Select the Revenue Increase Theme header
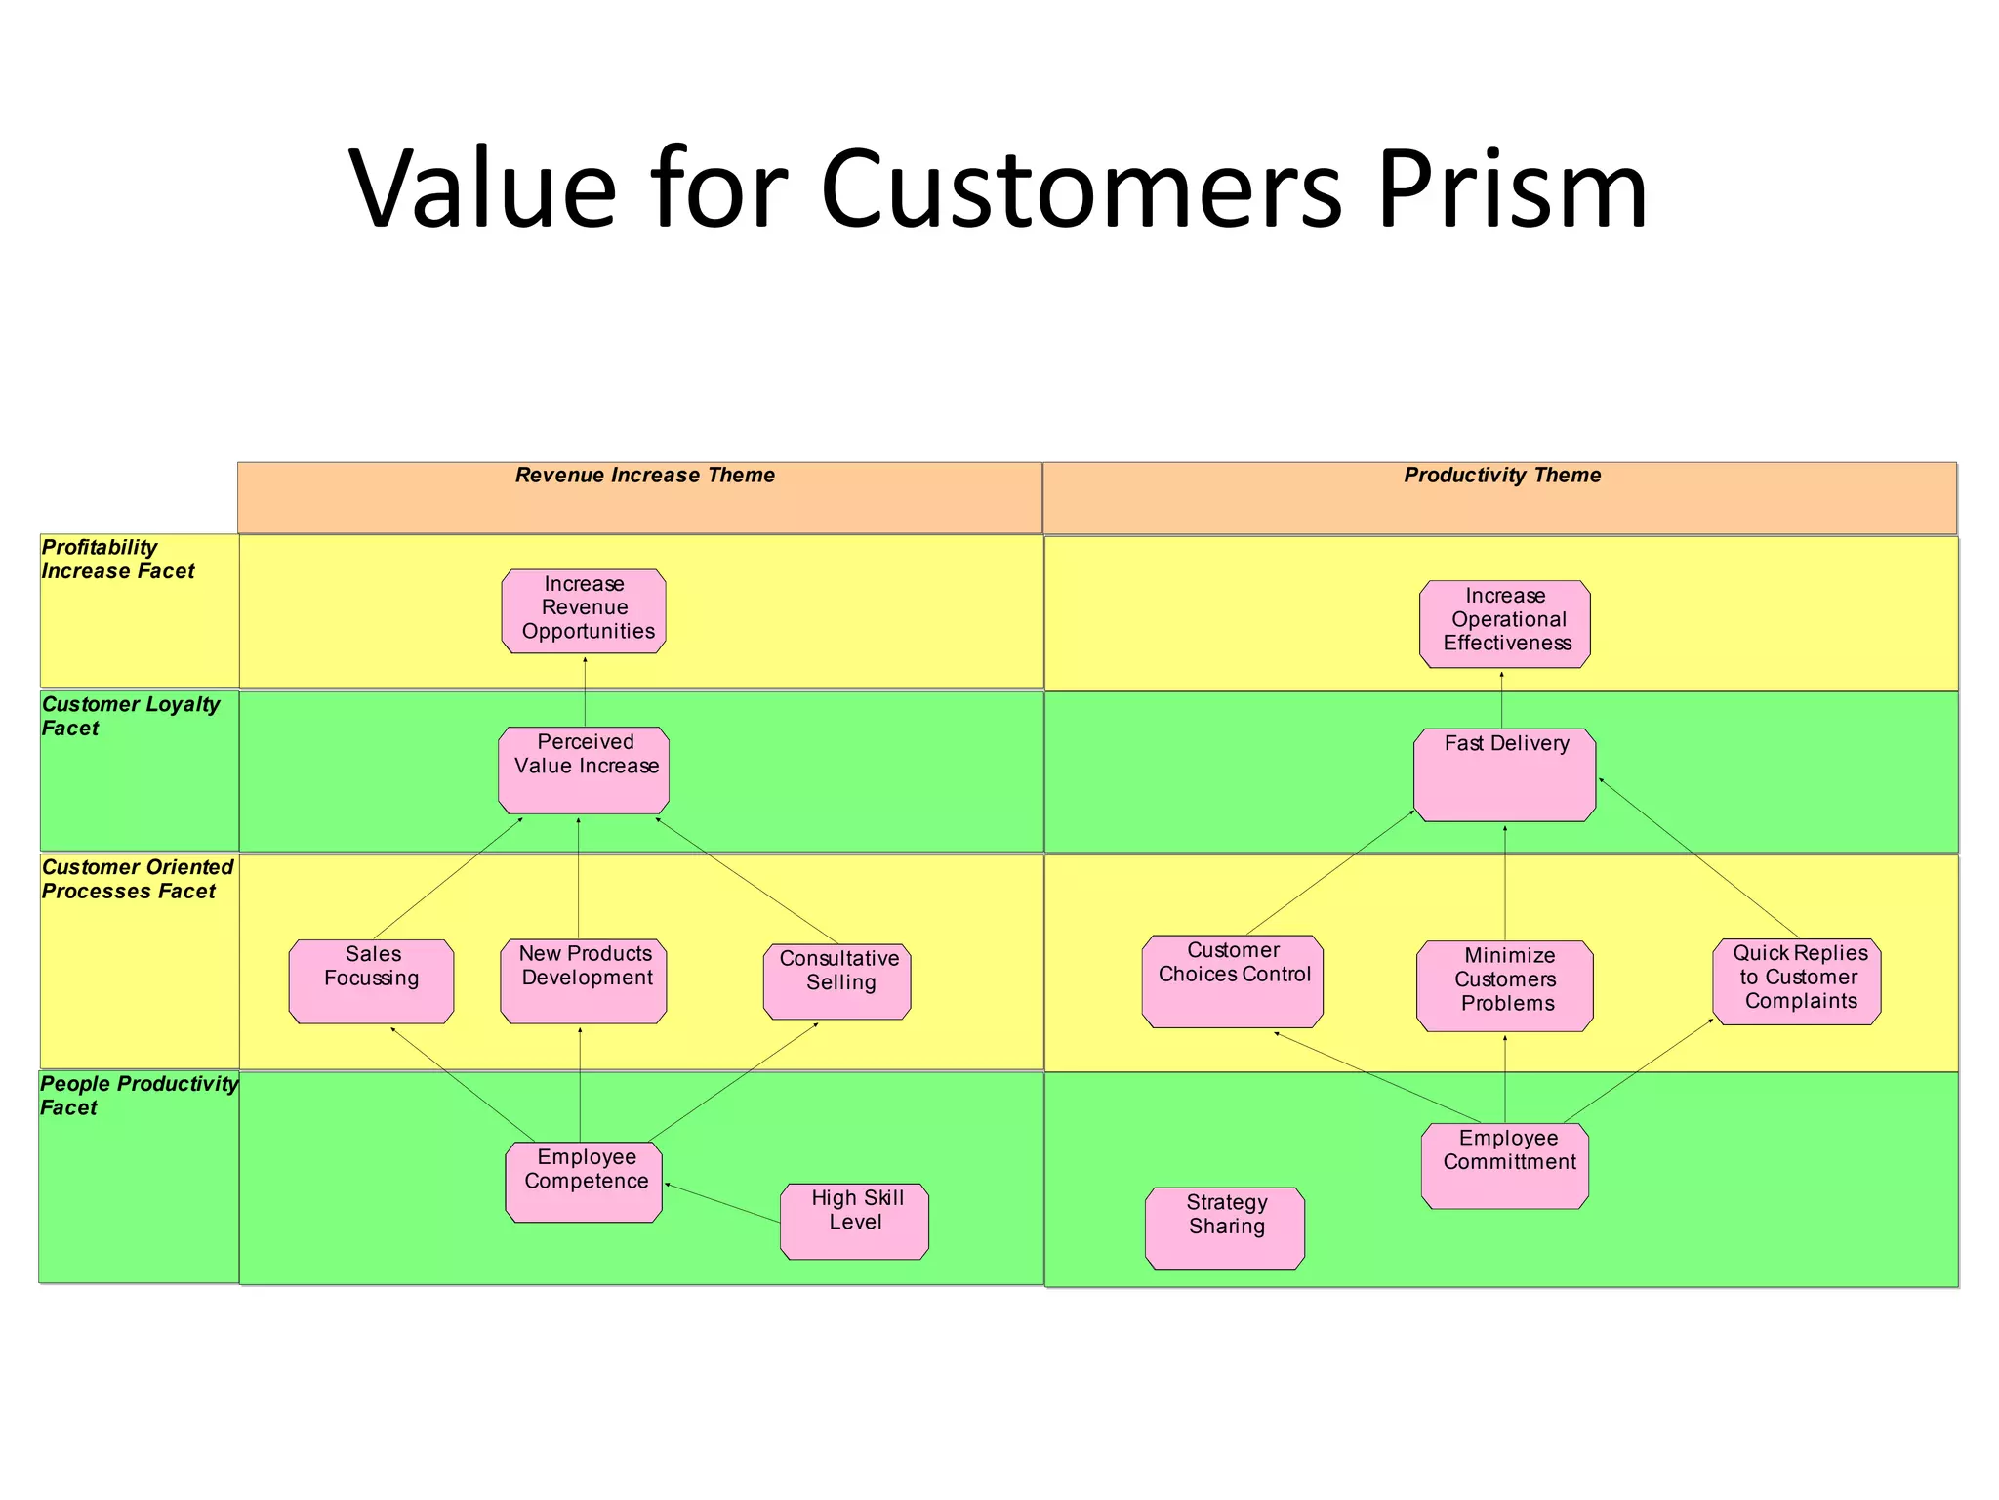[644, 476]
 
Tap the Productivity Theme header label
[1502, 476]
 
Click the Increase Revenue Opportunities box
[584, 610]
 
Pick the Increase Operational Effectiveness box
[1504, 623]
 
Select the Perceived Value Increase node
[584, 770]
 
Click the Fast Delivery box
[1504, 774]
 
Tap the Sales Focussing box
[371, 980]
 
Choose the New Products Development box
[584, 980]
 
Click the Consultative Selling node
[837, 980]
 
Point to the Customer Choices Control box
[1232, 980]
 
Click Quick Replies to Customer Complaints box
[1796, 980]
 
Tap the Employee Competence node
[584, 1181]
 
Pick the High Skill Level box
[854, 1221]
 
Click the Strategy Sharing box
[1224, 1228]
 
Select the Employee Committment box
[1504, 1165]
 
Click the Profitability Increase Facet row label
[117, 560]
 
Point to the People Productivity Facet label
[138, 1095]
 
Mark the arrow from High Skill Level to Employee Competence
[722, 1202]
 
